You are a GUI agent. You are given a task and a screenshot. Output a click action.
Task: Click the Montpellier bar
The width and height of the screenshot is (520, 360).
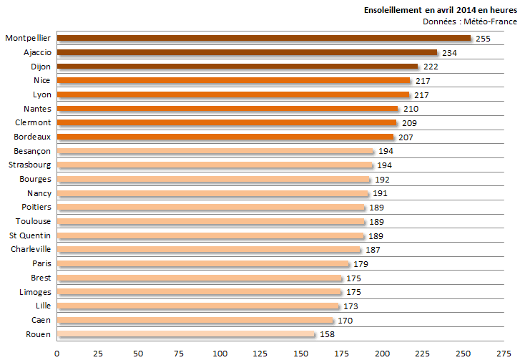tap(263, 38)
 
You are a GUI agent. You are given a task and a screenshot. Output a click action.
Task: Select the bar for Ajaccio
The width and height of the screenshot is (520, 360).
tap(247, 52)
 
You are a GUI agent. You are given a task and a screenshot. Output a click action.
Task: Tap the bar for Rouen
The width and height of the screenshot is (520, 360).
tap(185, 334)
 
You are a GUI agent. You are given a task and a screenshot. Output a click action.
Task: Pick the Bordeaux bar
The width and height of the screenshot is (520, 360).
tap(225, 137)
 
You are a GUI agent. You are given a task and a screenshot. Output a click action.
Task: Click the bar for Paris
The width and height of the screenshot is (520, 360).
tap(202, 263)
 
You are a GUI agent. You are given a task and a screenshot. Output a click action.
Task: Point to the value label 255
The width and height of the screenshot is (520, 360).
tap(483, 38)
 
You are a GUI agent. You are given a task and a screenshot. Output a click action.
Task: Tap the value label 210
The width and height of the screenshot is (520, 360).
tap(410, 109)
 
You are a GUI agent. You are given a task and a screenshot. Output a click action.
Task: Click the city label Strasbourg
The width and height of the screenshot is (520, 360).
tap(30, 165)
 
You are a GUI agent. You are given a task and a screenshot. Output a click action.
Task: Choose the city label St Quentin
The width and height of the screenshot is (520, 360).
tap(30, 235)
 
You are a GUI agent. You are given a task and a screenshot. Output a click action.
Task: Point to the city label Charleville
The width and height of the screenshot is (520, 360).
tap(31, 249)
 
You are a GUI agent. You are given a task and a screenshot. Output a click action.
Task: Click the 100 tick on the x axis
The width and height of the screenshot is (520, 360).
tap(220, 352)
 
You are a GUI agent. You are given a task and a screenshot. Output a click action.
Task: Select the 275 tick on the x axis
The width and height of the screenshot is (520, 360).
tap(504, 352)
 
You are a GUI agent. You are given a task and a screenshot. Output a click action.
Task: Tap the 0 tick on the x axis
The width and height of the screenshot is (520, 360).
tap(57, 352)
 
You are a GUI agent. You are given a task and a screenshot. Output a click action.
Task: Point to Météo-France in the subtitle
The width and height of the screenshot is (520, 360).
tap(494, 21)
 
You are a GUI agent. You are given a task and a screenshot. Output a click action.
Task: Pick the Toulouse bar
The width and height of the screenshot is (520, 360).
tap(211, 221)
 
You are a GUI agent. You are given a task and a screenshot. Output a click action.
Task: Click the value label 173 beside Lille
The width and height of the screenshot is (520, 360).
tap(350, 306)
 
